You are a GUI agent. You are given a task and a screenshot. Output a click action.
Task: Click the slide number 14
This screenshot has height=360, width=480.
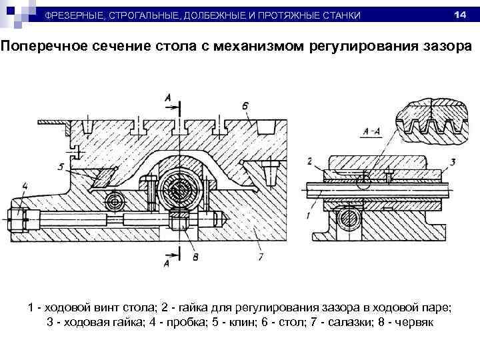tap(459, 15)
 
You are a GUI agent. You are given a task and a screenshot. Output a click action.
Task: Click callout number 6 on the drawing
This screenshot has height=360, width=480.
tap(246, 105)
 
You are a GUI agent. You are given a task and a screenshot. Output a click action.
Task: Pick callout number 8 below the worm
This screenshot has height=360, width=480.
tap(195, 255)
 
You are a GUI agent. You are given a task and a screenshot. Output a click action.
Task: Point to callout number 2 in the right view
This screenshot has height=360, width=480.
tap(310, 161)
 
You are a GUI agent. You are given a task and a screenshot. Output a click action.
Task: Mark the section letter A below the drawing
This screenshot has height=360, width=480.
tap(167, 264)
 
